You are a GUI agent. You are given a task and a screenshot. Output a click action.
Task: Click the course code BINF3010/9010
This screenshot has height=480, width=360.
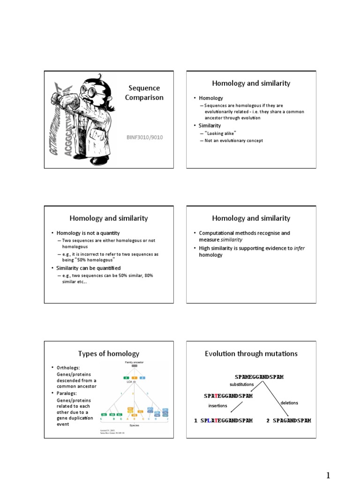[144, 137]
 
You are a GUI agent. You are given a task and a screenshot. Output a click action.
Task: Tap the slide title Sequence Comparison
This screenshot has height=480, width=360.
[144, 93]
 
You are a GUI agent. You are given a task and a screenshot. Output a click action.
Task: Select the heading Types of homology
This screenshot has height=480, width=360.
[109, 353]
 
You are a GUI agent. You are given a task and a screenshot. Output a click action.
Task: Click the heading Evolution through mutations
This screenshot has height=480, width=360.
[251, 353]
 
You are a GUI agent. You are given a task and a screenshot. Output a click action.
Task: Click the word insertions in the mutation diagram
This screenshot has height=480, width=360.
[217, 405]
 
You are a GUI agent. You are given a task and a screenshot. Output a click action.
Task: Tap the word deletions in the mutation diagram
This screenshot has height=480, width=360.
[289, 403]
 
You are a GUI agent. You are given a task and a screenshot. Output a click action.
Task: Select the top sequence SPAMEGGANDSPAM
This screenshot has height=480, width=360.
[259, 377]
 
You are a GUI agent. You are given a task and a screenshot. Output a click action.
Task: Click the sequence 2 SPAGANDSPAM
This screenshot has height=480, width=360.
[289, 420]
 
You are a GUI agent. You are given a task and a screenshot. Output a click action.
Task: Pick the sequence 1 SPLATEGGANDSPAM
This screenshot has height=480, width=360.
[224, 420]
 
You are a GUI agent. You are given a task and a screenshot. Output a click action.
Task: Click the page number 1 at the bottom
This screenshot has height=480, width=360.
[328, 475]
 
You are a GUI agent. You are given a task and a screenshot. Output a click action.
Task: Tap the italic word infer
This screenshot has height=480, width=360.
[299, 248]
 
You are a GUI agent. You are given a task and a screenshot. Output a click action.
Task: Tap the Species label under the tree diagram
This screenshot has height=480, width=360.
[134, 425]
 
